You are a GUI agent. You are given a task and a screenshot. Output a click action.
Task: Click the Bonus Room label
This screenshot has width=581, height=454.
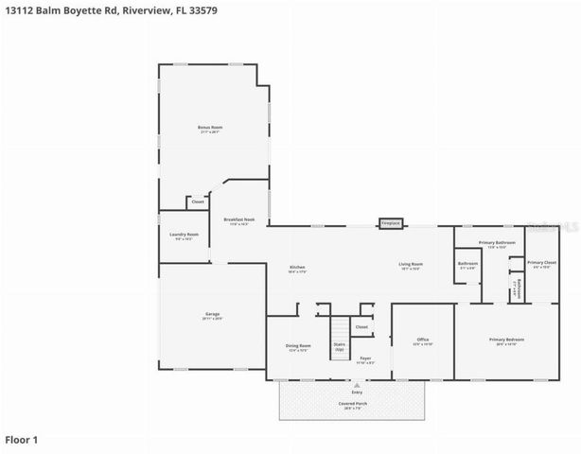(210, 128)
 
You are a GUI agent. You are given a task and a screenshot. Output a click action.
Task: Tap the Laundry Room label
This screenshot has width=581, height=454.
(184, 235)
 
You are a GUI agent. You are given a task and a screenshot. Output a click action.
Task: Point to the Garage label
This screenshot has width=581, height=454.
(212, 316)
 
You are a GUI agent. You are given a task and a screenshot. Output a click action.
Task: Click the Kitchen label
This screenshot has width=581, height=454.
(297, 269)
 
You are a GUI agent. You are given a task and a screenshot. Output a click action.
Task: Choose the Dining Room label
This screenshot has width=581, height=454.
(298, 346)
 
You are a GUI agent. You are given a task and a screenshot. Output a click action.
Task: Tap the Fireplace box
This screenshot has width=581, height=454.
(391, 223)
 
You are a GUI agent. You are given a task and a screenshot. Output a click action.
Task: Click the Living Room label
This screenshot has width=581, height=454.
(410, 265)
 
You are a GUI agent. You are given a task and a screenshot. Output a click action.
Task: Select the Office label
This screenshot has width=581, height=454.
(423, 339)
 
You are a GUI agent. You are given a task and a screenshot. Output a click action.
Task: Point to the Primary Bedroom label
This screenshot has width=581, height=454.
(506, 339)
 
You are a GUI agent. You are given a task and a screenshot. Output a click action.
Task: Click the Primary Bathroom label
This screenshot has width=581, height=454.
(497, 243)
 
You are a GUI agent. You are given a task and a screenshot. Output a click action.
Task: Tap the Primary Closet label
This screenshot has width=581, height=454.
(541, 262)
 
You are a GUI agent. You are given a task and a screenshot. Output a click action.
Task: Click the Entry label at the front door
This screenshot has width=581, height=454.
(357, 392)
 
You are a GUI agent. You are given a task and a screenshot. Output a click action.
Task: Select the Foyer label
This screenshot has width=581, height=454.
(364, 358)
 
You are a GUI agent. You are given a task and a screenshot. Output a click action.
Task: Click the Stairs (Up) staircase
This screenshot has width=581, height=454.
(339, 340)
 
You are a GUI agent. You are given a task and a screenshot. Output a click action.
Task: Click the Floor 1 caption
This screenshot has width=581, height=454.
(22, 440)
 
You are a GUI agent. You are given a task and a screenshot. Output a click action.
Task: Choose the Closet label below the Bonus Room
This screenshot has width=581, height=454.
(198, 201)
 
